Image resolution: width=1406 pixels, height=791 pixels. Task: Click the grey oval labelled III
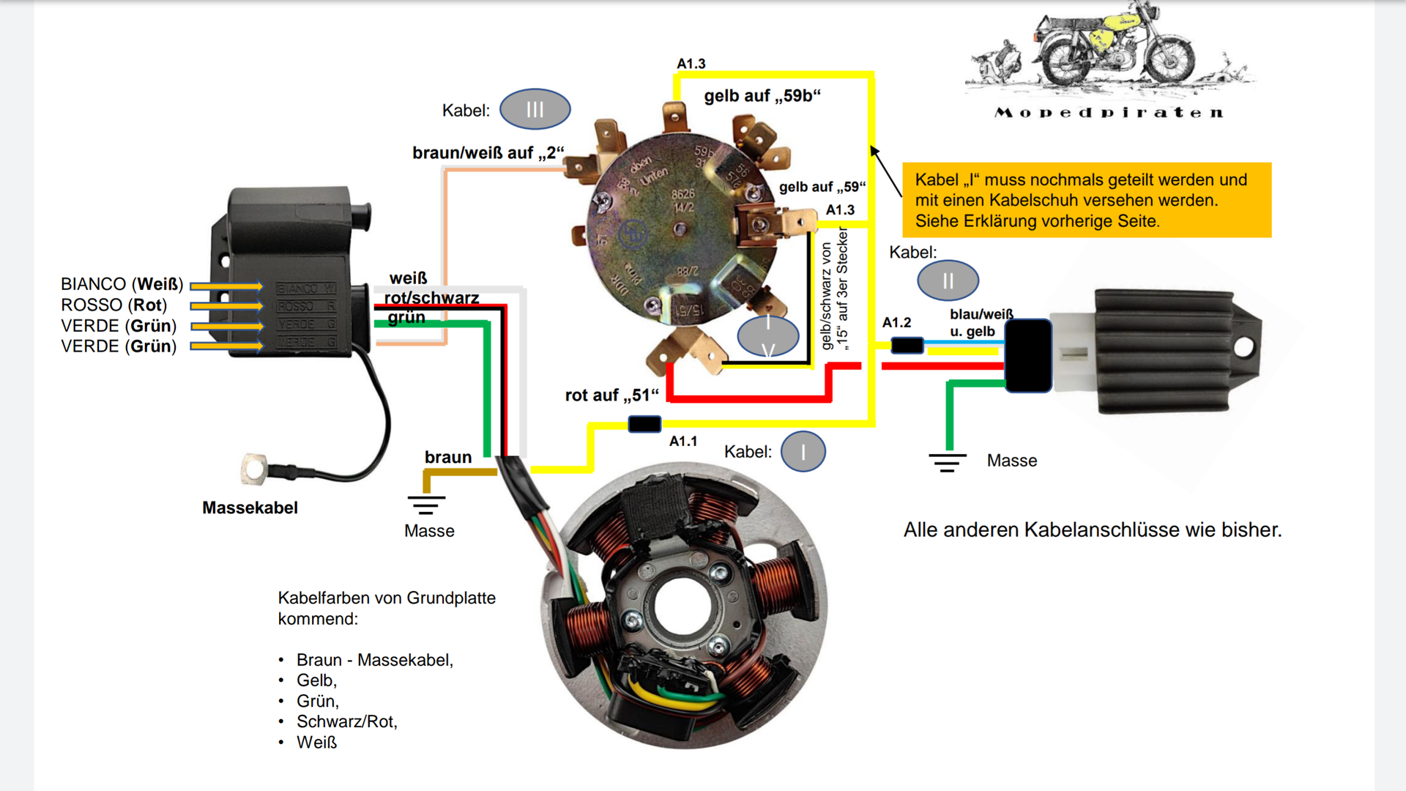pos(535,110)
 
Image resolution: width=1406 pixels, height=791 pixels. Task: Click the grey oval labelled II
pos(948,281)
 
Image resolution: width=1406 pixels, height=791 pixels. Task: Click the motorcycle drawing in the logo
pos(1113,48)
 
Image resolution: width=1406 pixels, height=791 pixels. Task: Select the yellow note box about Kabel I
pos(1086,200)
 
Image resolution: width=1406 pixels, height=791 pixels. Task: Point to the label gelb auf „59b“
pos(762,96)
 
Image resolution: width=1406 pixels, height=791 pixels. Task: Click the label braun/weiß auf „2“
pos(488,153)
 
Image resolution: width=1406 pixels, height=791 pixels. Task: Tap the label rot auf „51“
pos(611,395)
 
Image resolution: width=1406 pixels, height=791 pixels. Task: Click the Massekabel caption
pos(250,508)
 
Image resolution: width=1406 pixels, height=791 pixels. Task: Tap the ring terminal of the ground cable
pos(253,469)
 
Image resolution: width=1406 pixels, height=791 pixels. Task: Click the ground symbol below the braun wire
pos(426,505)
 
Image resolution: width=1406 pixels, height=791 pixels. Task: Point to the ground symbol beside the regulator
pos(948,462)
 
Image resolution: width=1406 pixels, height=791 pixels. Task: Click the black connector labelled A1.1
pos(644,424)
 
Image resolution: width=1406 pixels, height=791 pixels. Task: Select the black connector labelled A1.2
pos(907,345)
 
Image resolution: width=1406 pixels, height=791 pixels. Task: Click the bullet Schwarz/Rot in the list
pos(346,721)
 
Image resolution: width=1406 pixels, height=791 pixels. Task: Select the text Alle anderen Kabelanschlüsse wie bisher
pos(1092,530)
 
